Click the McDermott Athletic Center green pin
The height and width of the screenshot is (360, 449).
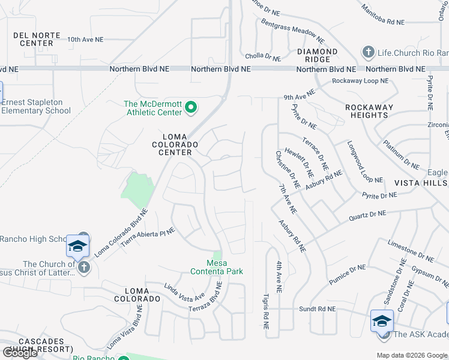(191, 108)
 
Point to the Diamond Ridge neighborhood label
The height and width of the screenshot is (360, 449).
(317, 55)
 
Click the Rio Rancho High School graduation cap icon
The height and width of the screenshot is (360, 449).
(77, 247)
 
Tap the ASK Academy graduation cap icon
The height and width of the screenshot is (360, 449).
(382, 322)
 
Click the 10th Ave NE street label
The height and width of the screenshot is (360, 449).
(85, 40)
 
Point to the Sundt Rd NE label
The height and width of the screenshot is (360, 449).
(318, 309)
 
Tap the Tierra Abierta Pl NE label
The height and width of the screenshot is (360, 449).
(148, 236)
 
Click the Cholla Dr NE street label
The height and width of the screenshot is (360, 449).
(263, 57)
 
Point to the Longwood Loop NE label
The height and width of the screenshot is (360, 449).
(364, 162)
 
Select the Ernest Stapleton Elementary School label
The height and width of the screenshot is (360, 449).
(36, 106)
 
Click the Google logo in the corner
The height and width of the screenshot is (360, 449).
(20, 353)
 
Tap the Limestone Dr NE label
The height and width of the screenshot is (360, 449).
(411, 250)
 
